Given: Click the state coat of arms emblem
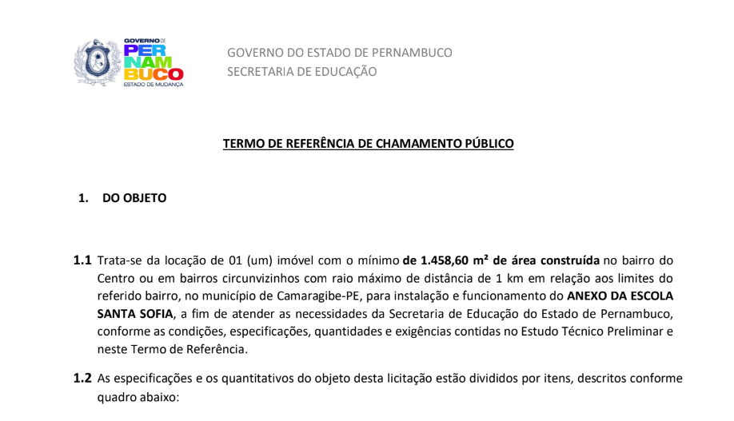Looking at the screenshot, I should [x=98, y=62].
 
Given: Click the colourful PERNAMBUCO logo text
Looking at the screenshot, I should [x=154, y=62].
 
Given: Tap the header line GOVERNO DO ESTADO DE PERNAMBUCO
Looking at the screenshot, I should [x=339, y=53].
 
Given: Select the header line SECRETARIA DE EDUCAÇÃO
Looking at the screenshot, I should [x=301, y=71].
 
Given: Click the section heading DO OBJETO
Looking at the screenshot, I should [x=134, y=198].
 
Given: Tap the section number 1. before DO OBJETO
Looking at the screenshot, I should [x=83, y=198].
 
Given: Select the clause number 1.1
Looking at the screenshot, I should [x=82, y=260].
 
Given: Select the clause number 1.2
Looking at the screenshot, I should [x=82, y=379].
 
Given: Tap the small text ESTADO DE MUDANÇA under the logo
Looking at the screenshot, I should [x=154, y=83].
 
